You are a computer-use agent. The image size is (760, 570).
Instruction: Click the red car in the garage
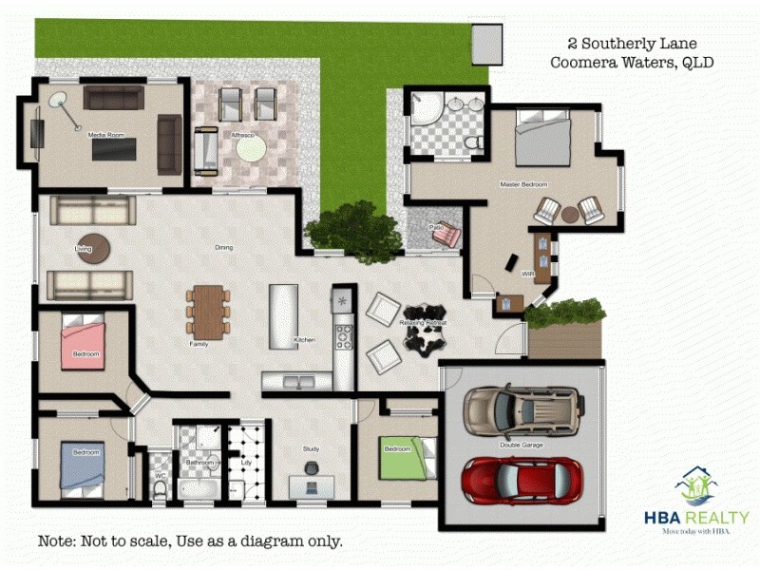click(x=522, y=481)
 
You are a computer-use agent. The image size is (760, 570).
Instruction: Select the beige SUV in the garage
click(x=522, y=410)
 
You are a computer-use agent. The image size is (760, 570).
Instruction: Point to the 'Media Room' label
click(x=106, y=135)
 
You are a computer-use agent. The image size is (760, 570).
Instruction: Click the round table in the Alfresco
click(x=252, y=148)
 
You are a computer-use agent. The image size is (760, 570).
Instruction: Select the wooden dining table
click(x=207, y=310)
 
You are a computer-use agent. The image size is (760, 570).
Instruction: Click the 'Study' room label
click(x=312, y=448)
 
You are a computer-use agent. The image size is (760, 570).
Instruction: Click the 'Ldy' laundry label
click(x=247, y=463)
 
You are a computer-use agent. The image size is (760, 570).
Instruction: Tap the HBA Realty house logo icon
click(x=696, y=486)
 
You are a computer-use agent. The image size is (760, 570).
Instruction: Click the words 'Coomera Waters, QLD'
click(x=632, y=63)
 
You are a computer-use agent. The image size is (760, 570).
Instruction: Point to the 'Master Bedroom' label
click(x=523, y=184)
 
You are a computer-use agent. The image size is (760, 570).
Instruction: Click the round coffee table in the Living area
click(x=93, y=249)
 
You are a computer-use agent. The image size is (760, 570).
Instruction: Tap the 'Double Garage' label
click(x=522, y=445)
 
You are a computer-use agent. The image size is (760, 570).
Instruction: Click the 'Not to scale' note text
click(x=190, y=541)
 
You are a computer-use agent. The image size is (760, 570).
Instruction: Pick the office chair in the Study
click(x=312, y=467)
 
